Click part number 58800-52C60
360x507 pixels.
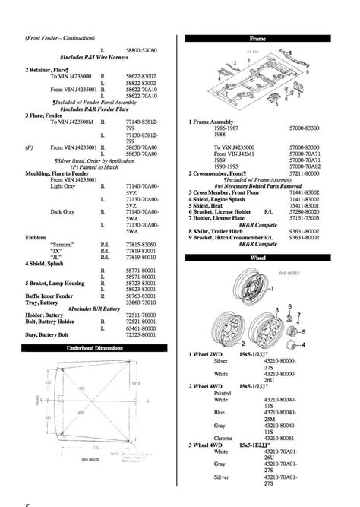pyautogui.click(x=141, y=49)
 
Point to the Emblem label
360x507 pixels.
pyautogui.click(x=36, y=236)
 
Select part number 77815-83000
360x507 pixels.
pyautogui.click(x=141, y=242)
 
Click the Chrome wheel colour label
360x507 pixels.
pyautogui.click(x=224, y=439)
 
